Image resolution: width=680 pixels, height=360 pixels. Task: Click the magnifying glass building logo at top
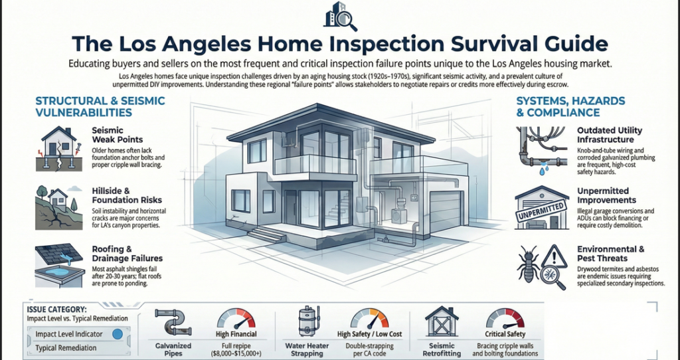point(341,16)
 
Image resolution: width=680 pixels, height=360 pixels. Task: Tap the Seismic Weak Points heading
point(117,135)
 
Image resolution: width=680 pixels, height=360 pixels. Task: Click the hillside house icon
point(58,207)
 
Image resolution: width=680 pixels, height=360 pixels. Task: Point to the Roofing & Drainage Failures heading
point(127,254)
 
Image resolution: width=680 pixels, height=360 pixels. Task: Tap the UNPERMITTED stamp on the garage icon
point(541,211)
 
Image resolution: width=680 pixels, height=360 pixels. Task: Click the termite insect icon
point(528,264)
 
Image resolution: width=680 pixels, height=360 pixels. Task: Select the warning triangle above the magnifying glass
point(554,256)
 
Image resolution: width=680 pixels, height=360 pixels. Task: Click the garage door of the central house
point(445,212)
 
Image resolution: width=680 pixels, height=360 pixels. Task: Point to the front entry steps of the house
point(266,234)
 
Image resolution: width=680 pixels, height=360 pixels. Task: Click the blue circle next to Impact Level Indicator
point(117,334)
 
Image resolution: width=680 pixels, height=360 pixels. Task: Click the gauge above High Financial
point(236,319)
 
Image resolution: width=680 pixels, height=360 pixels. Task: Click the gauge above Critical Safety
point(505,319)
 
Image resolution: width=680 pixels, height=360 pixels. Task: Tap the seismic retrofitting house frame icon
point(442,321)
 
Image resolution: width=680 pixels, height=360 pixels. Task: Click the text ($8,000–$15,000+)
point(236,353)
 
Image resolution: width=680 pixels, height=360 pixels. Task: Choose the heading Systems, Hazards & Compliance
point(570,107)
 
